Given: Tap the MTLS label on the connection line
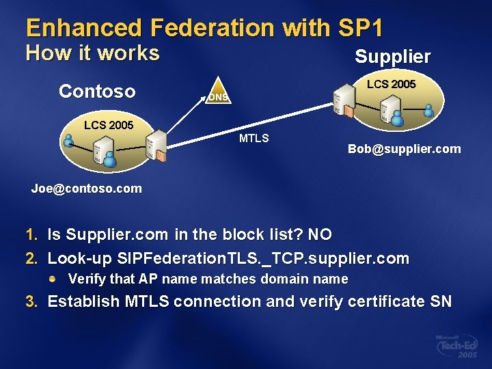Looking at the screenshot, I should point(254,139).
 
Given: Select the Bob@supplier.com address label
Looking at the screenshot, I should point(404,148).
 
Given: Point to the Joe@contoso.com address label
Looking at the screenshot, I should point(87,188).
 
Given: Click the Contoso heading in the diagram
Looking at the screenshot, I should point(97,91).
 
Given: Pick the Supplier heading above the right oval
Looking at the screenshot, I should point(392,57).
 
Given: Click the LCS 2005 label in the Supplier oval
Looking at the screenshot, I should point(391,84).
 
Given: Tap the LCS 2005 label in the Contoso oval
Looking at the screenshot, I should point(108,125).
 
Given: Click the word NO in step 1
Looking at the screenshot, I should point(320,235).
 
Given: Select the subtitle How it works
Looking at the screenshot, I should point(92,53).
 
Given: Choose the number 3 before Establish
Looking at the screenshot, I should point(30,302).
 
